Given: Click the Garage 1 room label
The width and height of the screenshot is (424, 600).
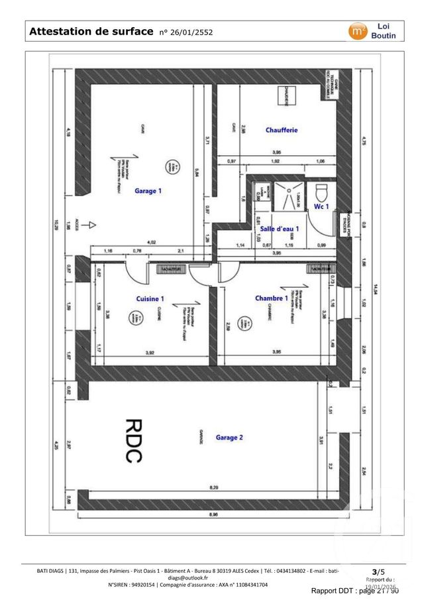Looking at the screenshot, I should coord(148,191).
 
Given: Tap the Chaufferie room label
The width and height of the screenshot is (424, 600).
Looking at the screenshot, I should coord(282,130).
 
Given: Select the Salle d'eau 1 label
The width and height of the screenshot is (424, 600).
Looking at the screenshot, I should coord(280,229).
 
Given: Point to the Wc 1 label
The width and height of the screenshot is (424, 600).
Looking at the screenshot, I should coord(321,207).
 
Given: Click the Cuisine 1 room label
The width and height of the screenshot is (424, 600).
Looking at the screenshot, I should coord(150,298).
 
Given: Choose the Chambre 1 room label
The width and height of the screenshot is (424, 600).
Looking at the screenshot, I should coord(272,298).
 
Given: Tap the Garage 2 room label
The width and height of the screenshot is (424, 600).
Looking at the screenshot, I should coord(229,438).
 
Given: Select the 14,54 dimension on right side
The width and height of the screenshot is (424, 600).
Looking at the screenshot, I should coord(376,288).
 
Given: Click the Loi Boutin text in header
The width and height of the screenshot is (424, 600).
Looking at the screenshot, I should coord(384,30).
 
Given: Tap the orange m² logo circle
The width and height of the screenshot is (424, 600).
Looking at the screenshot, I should coord(358,30).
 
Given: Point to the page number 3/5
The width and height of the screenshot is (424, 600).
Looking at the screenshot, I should coord(378,571).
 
